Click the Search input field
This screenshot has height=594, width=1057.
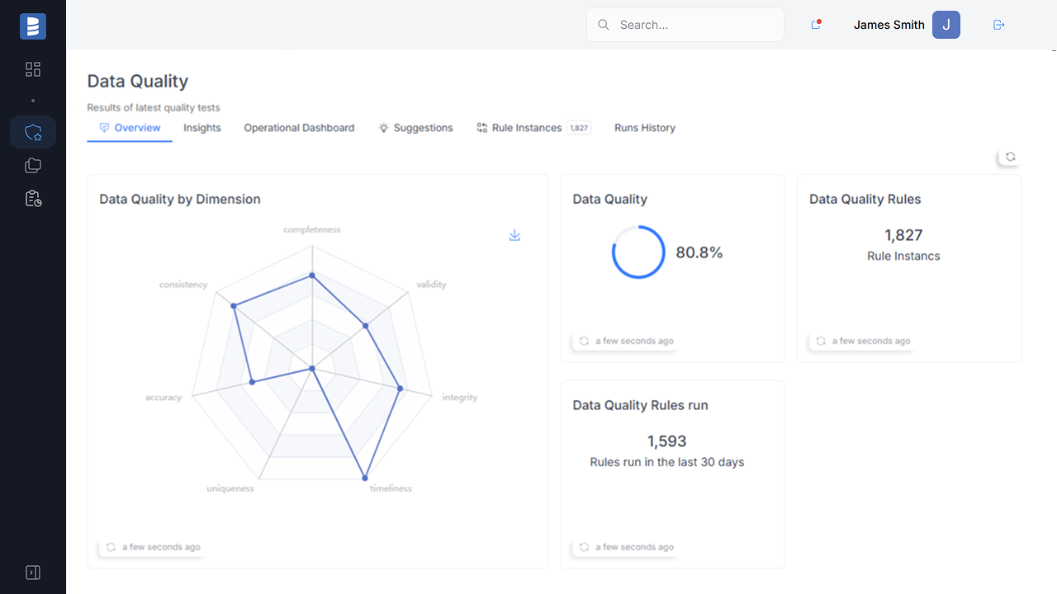pos(694,25)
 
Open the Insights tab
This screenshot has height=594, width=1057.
pos(202,128)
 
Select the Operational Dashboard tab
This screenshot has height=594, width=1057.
pos(299,128)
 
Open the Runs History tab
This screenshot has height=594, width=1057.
pos(645,128)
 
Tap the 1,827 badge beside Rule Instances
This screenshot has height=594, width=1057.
pos(579,128)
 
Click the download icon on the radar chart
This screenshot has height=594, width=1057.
pos(514,235)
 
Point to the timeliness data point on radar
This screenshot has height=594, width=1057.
pos(364,477)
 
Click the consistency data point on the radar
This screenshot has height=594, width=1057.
pos(235,305)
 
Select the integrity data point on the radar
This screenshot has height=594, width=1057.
pos(401,388)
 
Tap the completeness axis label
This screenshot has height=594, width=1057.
pos(312,229)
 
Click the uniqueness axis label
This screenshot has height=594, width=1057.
pos(230,488)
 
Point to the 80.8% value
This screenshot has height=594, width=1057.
pos(699,252)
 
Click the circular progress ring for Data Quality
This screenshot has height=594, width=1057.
pos(638,252)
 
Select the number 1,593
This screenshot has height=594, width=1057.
pos(667,441)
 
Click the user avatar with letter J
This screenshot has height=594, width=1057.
pos(946,25)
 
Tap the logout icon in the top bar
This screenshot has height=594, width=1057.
pos(998,25)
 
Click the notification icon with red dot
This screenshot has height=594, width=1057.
pos(816,25)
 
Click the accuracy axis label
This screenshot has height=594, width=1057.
pos(164,397)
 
